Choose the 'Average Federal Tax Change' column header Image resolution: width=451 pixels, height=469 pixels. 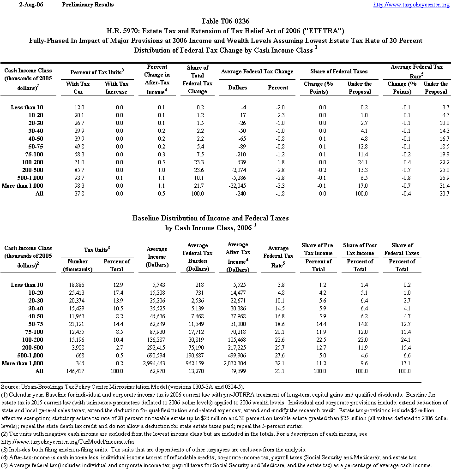257,71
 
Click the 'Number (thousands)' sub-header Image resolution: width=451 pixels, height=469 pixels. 78,265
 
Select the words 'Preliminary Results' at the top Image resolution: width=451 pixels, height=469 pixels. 88,5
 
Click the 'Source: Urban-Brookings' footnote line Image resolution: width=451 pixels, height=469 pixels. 122,386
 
